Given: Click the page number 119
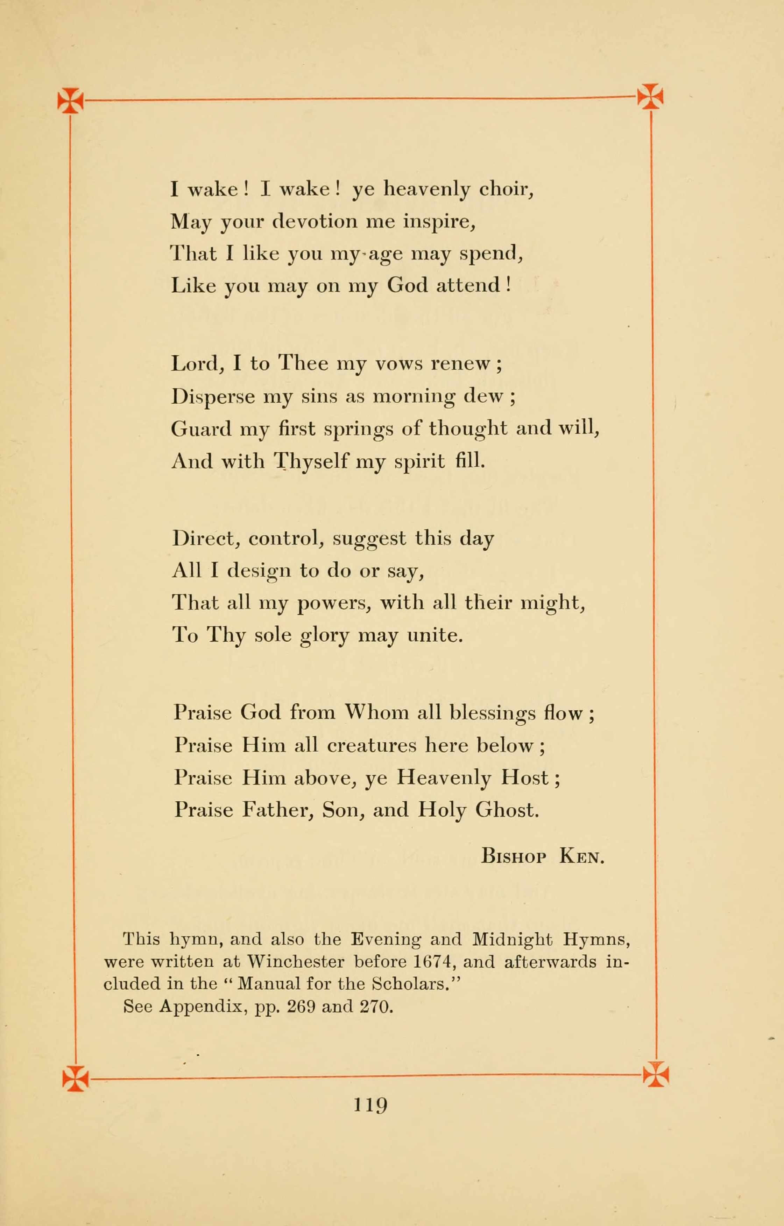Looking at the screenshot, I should [x=370, y=1105].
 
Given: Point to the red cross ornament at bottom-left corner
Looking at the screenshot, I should [x=75, y=1078].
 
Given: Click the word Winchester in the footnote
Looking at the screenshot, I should [x=295, y=962].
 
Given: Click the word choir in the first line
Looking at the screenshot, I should [x=506, y=189].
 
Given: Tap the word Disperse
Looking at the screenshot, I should [x=213, y=396].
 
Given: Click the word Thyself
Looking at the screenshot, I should [x=311, y=461].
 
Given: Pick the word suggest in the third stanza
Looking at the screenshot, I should [x=369, y=539].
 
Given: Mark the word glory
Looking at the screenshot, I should [x=324, y=636].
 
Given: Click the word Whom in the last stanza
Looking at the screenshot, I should [x=377, y=712].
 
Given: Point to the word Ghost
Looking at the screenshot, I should [x=507, y=809].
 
